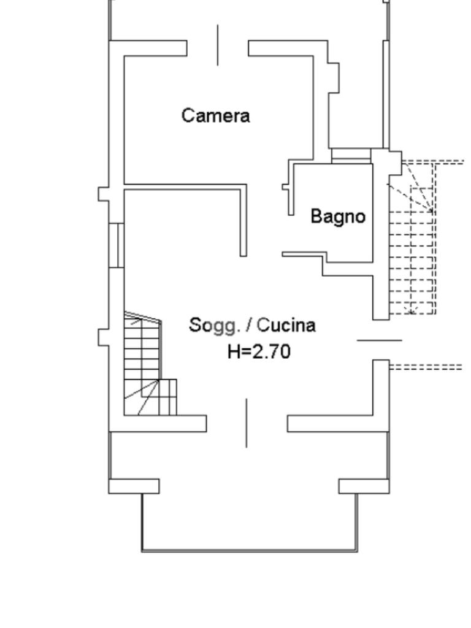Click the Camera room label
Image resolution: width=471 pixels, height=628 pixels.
pyautogui.click(x=216, y=115)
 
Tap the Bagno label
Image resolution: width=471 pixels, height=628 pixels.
pyautogui.click(x=338, y=216)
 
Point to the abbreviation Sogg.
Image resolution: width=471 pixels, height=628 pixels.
pyautogui.click(x=212, y=325)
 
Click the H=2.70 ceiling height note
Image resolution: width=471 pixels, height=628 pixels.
pyautogui.click(x=258, y=351)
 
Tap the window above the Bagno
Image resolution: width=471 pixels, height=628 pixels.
pyautogui.click(x=351, y=155)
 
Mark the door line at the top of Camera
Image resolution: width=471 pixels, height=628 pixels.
pyautogui.click(x=218, y=45)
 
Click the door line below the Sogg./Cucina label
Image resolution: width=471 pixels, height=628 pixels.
pyautogui.click(x=247, y=423)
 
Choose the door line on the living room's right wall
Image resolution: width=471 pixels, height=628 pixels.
pyautogui.click(x=380, y=339)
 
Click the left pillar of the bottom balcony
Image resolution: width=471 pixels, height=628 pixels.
pyautogui.click(x=134, y=486)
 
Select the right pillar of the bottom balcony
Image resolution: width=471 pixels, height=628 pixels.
pyautogui.click(x=364, y=486)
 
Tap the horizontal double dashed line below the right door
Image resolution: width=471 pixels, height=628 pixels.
pyautogui.click(x=426, y=367)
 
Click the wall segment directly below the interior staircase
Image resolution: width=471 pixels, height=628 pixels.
pyautogui.click(x=165, y=423)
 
